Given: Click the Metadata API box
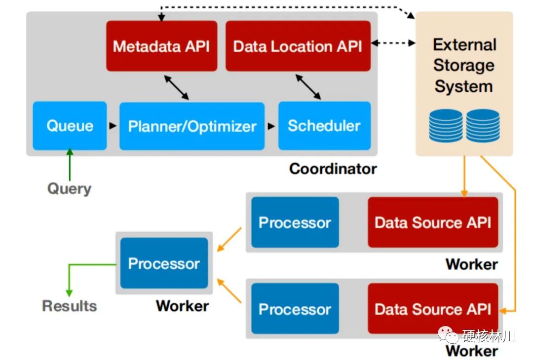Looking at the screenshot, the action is pos(162,46).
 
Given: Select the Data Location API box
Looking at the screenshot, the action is pos(298,46).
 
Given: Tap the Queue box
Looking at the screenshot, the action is pos(70,126).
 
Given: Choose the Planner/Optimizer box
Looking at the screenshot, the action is pos(192,126).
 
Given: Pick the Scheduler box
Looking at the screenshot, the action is pos(324,126).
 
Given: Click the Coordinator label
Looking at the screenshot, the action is pos(333,169).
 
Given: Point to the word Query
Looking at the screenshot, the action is pos(70,189).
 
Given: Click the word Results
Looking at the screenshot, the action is pos(70,306).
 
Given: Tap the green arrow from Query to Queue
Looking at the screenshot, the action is pos(70,164).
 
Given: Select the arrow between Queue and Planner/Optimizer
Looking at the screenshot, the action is pos(113,126).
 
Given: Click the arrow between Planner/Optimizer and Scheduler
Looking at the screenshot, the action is pos(271,126).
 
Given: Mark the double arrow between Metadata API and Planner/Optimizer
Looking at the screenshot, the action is pos(176,87).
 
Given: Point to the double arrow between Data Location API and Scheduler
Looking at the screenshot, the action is pos(308,87).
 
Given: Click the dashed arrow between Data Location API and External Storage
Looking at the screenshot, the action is pos(393,43).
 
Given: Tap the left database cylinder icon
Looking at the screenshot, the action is pos(446,125).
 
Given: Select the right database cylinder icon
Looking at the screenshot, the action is pos(483,125).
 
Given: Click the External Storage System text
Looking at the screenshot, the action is pos(464,65).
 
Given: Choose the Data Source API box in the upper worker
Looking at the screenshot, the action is pos(433,222).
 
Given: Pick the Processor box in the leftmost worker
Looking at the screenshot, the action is pos(164,263).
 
